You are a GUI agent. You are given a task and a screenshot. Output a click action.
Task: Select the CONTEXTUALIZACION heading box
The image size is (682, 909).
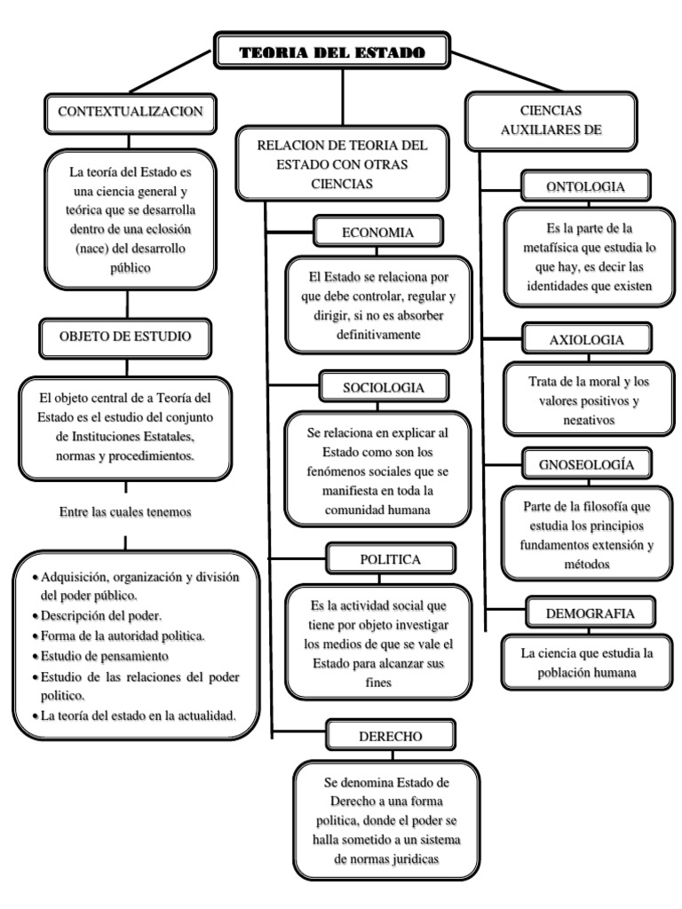tap(131, 111)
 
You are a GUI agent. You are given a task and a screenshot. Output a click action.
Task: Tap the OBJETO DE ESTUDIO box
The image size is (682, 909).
tap(124, 336)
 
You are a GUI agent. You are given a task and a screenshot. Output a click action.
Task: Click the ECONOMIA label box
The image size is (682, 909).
tap(377, 233)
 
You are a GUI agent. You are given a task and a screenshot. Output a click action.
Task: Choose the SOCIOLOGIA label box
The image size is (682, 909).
tap(383, 387)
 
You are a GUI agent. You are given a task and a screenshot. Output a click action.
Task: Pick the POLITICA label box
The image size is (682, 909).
tap(390, 558)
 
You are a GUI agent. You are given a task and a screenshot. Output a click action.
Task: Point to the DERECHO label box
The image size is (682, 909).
tap(390, 736)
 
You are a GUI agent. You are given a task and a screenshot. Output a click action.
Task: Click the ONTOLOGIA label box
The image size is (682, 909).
tap(586, 186)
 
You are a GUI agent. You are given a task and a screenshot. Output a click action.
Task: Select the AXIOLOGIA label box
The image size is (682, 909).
tap(586, 340)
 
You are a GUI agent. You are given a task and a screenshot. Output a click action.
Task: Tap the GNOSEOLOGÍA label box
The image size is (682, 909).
tap(587, 464)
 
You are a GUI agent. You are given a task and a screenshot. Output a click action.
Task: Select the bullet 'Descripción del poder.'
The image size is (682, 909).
tap(98, 614)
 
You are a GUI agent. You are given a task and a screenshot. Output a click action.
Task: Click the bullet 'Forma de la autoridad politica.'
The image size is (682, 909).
tap(123, 635)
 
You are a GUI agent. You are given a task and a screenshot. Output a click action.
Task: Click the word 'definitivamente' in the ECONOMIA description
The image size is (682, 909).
tap(377, 334)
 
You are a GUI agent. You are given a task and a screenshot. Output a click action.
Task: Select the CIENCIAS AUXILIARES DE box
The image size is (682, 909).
tap(551, 120)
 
